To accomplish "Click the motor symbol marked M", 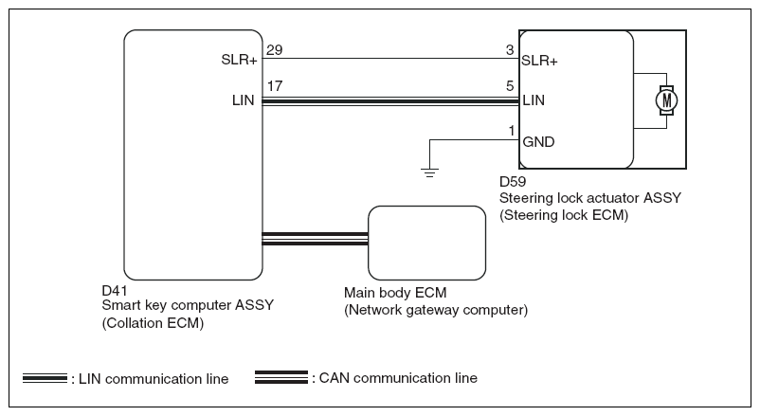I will pyautogui.click(x=667, y=99).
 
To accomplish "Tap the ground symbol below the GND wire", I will pyautogui.click(x=430, y=172).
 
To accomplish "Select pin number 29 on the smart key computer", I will pyautogui.click(x=275, y=49).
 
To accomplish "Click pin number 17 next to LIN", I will pyautogui.click(x=275, y=85).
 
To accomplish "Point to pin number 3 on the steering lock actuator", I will pyautogui.click(x=510, y=49).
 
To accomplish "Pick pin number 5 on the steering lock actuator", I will pyautogui.click(x=510, y=85).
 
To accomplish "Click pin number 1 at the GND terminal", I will pyautogui.click(x=512, y=130).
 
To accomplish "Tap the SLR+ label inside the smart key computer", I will pyautogui.click(x=240, y=61).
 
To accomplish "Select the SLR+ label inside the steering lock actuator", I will pyautogui.click(x=539, y=61).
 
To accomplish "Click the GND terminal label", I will pyautogui.click(x=538, y=142).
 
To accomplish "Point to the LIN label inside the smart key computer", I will pyautogui.click(x=244, y=99).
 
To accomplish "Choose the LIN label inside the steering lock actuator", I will pyautogui.click(x=534, y=99).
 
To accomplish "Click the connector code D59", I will pyautogui.click(x=513, y=181).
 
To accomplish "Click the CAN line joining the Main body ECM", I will pyautogui.click(x=314, y=239).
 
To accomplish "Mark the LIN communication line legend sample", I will pyautogui.click(x=45, y=379).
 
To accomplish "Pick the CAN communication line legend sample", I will pyautogui.click(x=281, y=378).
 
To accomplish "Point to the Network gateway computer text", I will pyautogui.click(x=436, y=310).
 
